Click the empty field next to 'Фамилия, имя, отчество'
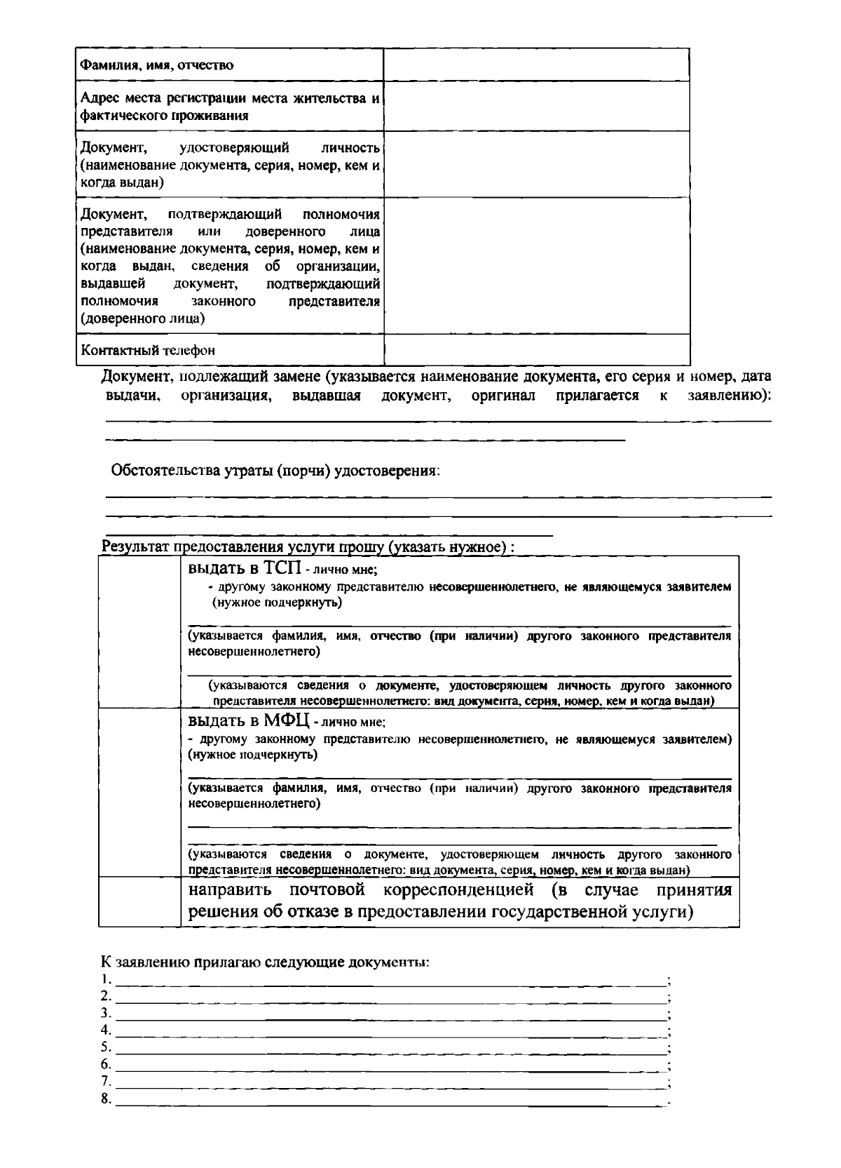536,65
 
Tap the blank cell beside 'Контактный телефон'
536,349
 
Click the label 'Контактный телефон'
148,350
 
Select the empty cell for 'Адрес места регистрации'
536,106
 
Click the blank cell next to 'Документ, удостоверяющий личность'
536,164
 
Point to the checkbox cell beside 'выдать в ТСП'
139,632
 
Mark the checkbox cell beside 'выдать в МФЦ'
139,793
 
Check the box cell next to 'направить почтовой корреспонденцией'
139,902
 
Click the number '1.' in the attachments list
107,979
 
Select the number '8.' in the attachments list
107,1099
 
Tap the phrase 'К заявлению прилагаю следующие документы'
265,962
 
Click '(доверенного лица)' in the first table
143,318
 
